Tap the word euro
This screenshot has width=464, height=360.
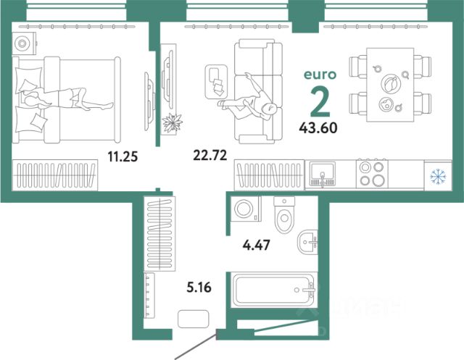click(318, 74)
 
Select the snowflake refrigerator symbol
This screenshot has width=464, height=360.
click(437, 177)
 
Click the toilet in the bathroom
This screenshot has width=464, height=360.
click(285, 210)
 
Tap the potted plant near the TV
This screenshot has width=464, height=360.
click(173, 123)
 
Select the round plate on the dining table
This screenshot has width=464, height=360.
click(389, 83)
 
